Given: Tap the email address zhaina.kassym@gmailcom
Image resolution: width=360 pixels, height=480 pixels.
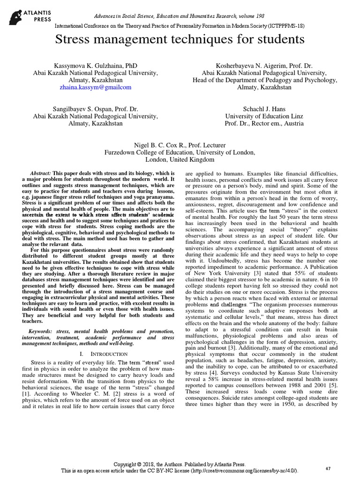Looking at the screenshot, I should [96, 87].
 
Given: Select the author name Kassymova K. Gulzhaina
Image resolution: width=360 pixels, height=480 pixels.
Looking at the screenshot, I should [95, 66].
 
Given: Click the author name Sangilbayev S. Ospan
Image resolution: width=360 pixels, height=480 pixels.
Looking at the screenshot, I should [95, 109].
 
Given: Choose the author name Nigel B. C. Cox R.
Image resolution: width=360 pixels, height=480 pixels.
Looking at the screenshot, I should [180, 145].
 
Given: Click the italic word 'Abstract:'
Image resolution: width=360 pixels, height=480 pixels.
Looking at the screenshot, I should [41, 172].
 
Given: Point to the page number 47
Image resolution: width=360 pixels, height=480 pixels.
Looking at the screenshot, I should [328, 468].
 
